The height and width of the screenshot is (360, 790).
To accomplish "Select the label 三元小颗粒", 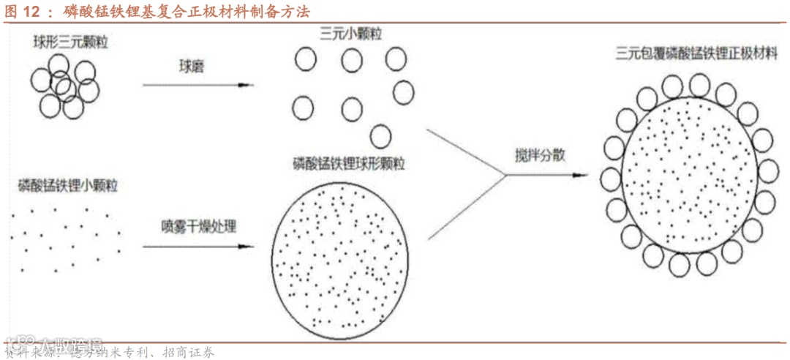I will tap(350, 34).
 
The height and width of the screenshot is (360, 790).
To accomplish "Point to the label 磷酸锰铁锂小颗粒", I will tap(68, 184).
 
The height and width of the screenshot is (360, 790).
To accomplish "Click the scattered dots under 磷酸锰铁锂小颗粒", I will tap(66, 234).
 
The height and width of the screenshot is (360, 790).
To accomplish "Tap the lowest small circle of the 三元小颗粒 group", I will tap(380, 135).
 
